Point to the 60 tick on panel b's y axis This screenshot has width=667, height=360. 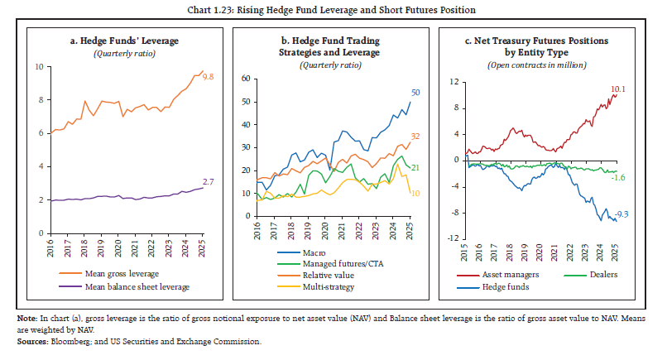tap(245, 79)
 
